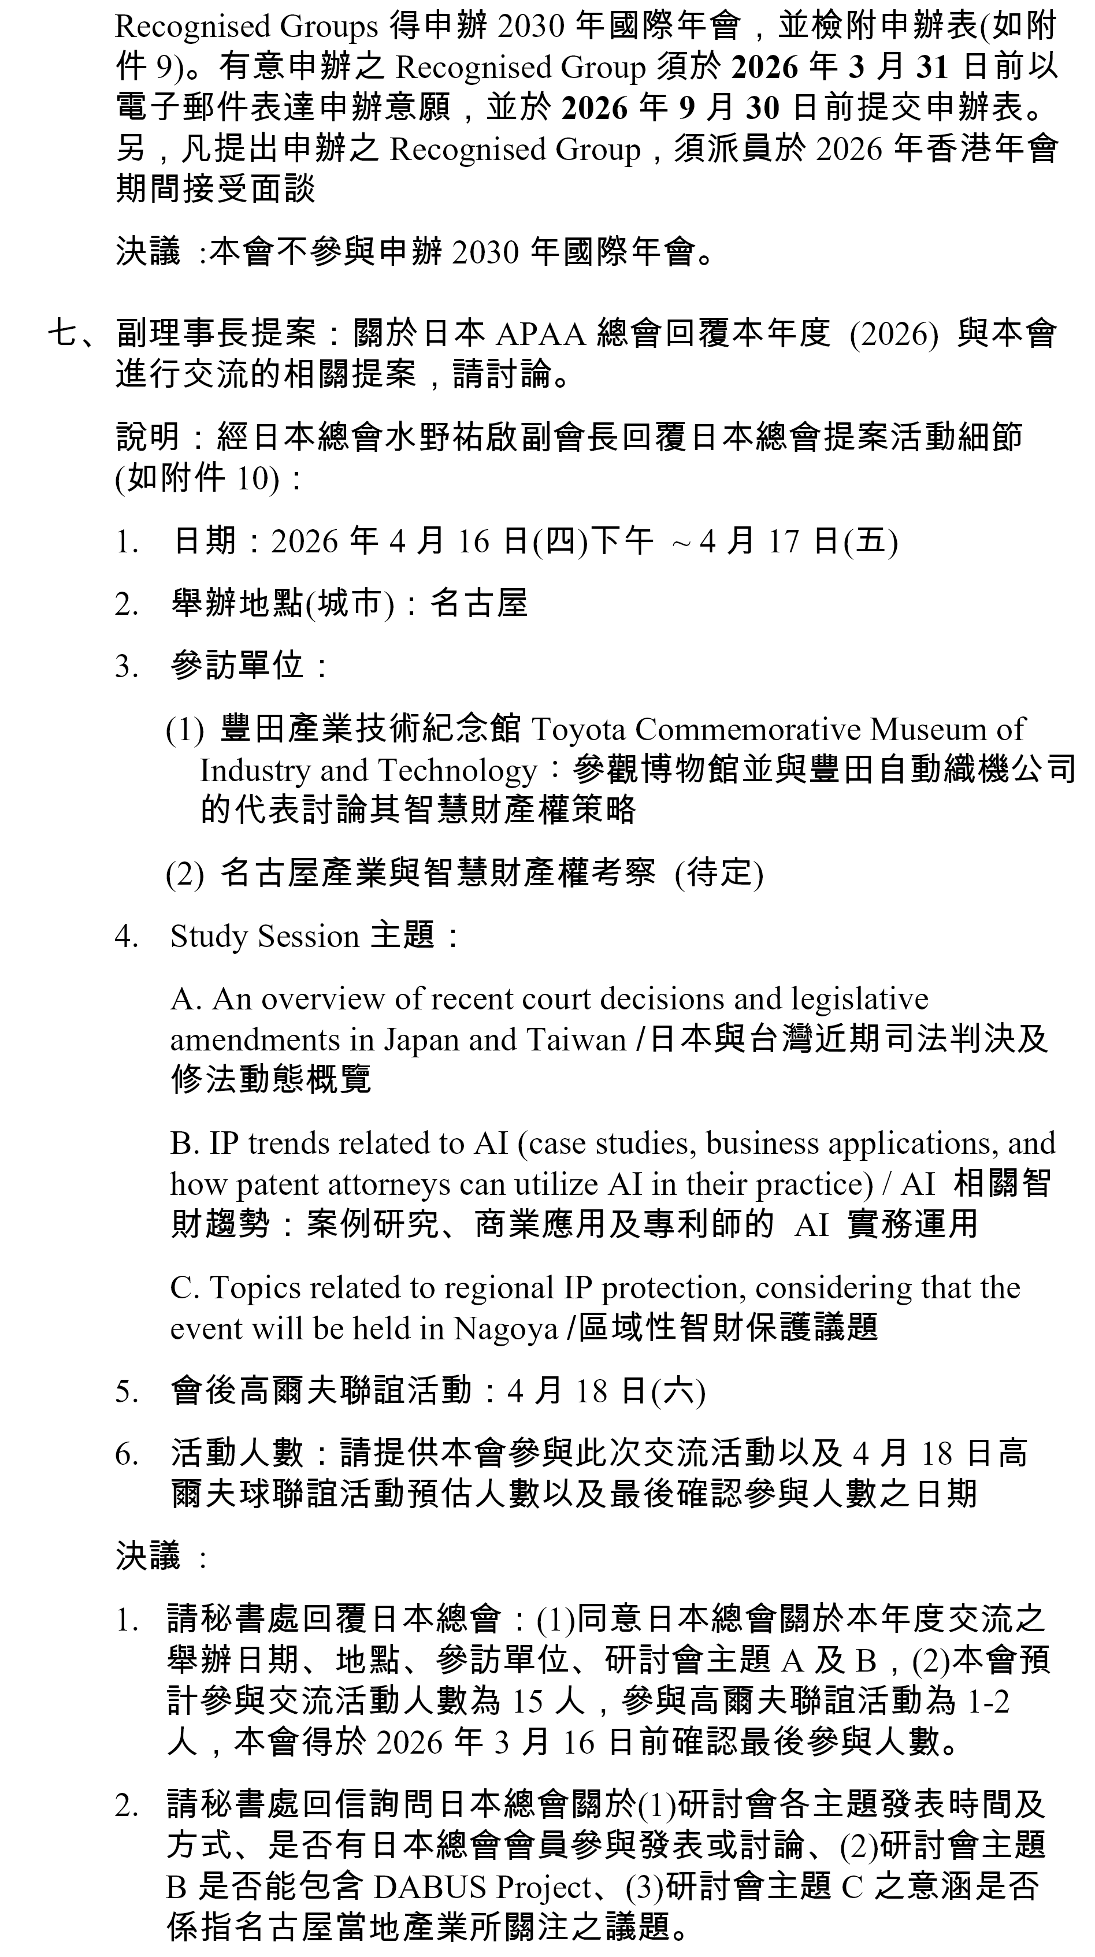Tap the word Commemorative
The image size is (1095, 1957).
tap(748, 730)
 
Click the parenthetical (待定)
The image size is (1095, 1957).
tap(718, 873)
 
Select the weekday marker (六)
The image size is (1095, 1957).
tap(678, 1392)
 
